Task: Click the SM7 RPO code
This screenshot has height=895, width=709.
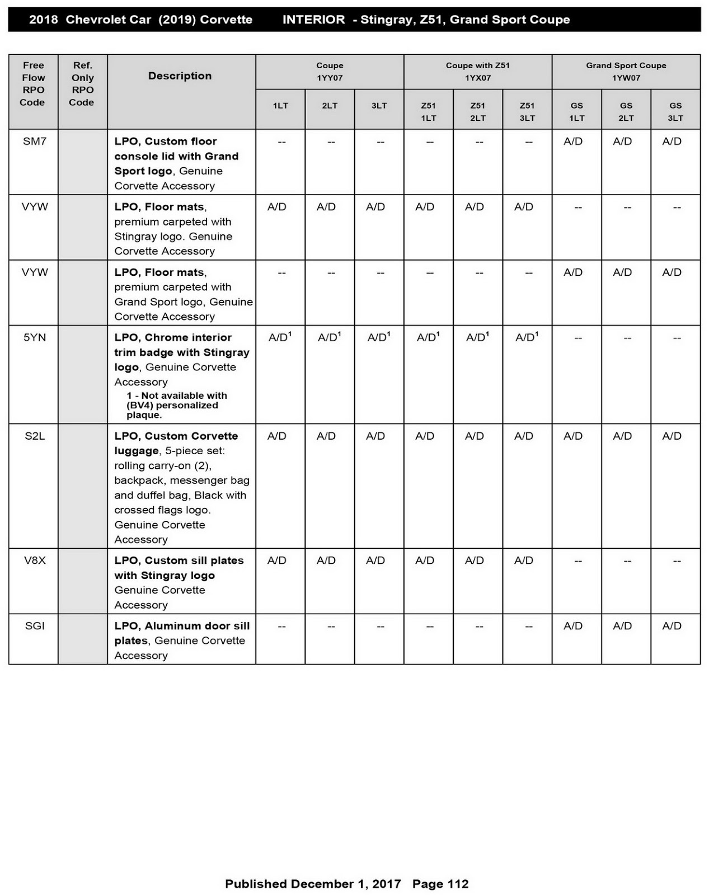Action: tap(34, 142)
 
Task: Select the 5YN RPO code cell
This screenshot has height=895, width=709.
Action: tap(34, 337)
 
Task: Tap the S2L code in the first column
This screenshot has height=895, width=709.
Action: tap(34, 436)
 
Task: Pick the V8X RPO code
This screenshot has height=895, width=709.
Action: tap(34, 560)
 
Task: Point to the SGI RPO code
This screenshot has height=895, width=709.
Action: tap(34, 626)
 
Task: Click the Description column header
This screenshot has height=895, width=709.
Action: tap(180, 76)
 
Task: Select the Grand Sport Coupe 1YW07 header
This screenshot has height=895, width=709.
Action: tap(626, 72)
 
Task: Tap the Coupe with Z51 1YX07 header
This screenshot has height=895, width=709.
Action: tap(477, 72)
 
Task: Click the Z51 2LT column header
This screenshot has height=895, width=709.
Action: tap(477, 111)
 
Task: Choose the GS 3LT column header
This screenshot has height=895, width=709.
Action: tap(675, 111)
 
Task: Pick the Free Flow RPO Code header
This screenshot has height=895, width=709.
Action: tap(33, 84)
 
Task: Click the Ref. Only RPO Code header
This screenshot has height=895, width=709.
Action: tap(82, 84)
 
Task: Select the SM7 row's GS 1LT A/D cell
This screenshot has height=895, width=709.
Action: tap(573, 142)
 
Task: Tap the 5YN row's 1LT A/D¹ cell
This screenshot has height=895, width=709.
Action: tap(279, 337)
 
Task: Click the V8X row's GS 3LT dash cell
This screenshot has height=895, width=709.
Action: tap(676, 560)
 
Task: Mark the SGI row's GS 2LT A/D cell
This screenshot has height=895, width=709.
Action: tap(622, 626)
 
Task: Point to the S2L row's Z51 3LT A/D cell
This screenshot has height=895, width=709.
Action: tap(523, 436)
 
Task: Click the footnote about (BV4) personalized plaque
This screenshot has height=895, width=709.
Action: tap(176, 405)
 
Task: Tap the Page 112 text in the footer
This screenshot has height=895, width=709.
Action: tap(440, 884)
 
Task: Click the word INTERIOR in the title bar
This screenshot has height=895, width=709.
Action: tap(313, 20)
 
